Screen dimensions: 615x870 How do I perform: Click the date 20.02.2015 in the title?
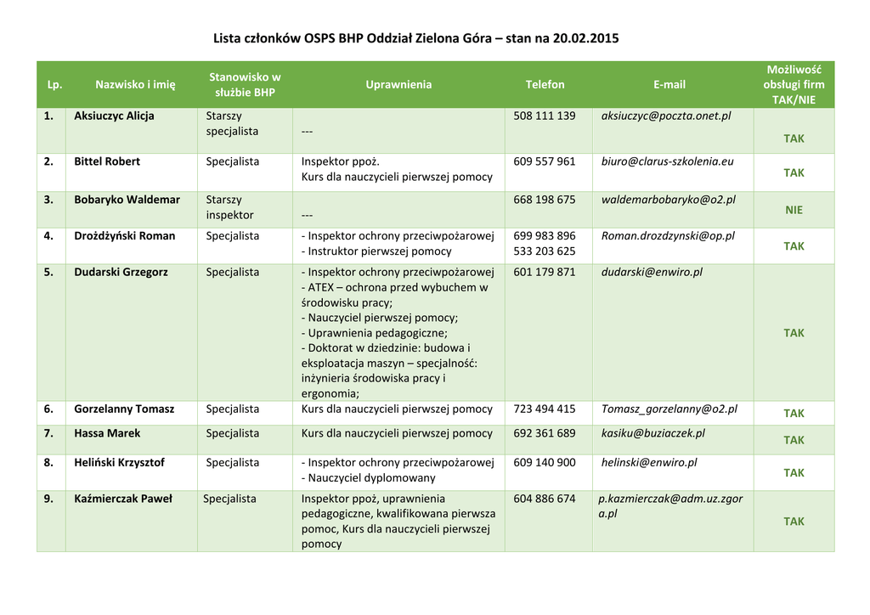click(x=585, y=38)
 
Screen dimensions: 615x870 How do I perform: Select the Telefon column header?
click(x=545, y=84)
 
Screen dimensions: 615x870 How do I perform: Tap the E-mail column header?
click(x=669, y=84)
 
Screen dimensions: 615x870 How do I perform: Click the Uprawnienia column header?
click(x=398, y=84)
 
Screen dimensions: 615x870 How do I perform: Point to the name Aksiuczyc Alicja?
click(x=114, y=116)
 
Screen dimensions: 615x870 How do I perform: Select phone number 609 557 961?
click(x=545, y=161)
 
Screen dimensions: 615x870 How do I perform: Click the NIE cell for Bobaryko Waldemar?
click(x=794, y=210)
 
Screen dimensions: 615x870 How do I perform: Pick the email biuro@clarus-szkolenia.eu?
click(x=667, y=161)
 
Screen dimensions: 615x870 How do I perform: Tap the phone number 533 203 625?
click(x=545, y=251)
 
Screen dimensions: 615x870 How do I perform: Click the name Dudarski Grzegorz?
click(x=121, y=273)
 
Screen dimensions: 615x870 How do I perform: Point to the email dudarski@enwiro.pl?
click(x=652, y=273)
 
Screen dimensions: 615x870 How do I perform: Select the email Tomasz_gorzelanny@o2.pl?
click(x=669, y=409)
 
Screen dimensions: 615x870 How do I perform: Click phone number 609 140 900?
click(x=545, y=463)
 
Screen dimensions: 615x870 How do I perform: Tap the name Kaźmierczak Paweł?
click(x=123, y=499)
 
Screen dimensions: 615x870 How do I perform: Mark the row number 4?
click(x=49, y=236)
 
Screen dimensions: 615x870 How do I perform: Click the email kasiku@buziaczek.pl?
click(x=652, y=434)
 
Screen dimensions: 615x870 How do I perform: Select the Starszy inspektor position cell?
click(x=229, y=208)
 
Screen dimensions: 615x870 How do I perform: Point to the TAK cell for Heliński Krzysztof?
click(x=794, y=473)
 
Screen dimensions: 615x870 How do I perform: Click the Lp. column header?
click(x=54, y=85)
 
